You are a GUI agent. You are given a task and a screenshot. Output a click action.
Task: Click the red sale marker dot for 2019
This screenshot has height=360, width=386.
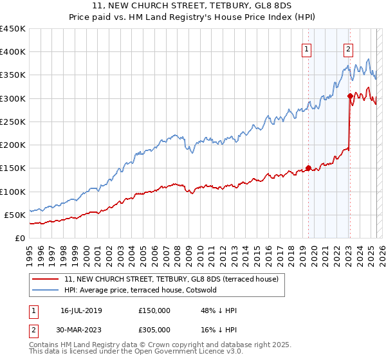[308, 168]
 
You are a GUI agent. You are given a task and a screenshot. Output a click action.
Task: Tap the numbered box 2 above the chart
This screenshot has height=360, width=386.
[348, 49]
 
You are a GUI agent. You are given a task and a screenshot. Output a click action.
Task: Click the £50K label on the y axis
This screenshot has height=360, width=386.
[15, 215]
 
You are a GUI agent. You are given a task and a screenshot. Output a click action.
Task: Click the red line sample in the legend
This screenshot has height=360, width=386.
[45, 280]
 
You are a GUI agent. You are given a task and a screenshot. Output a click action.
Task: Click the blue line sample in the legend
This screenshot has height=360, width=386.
[45, 290]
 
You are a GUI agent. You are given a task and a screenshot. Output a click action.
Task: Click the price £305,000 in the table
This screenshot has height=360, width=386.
[154, 330]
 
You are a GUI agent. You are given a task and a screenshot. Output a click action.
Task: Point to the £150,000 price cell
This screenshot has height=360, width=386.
[154, 310]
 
